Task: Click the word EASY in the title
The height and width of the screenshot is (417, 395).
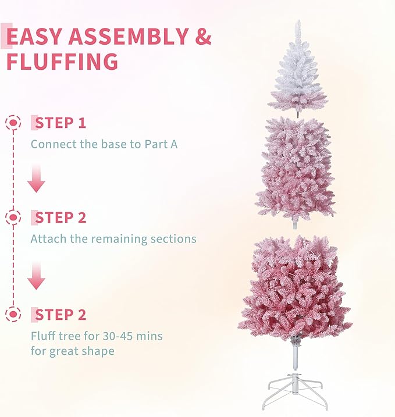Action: click(34, 37)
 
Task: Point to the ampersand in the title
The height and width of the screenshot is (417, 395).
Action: click(203, 37)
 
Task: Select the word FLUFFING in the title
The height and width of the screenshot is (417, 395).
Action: click(62, 62)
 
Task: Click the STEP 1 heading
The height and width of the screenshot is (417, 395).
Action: click(61, 123)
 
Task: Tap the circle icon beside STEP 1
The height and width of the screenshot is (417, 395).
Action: click(13, 123)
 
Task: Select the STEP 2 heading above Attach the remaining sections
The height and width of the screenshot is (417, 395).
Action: click(61, 218)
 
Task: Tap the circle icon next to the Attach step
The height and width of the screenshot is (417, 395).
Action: click(13, 218)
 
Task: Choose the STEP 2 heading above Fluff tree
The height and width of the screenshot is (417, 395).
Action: click(61, 315)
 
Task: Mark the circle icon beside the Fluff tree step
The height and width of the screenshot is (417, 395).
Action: click(13, 315)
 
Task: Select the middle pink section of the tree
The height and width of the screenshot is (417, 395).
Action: click(297, 169)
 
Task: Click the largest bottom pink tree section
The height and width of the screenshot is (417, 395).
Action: click(296, 288)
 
